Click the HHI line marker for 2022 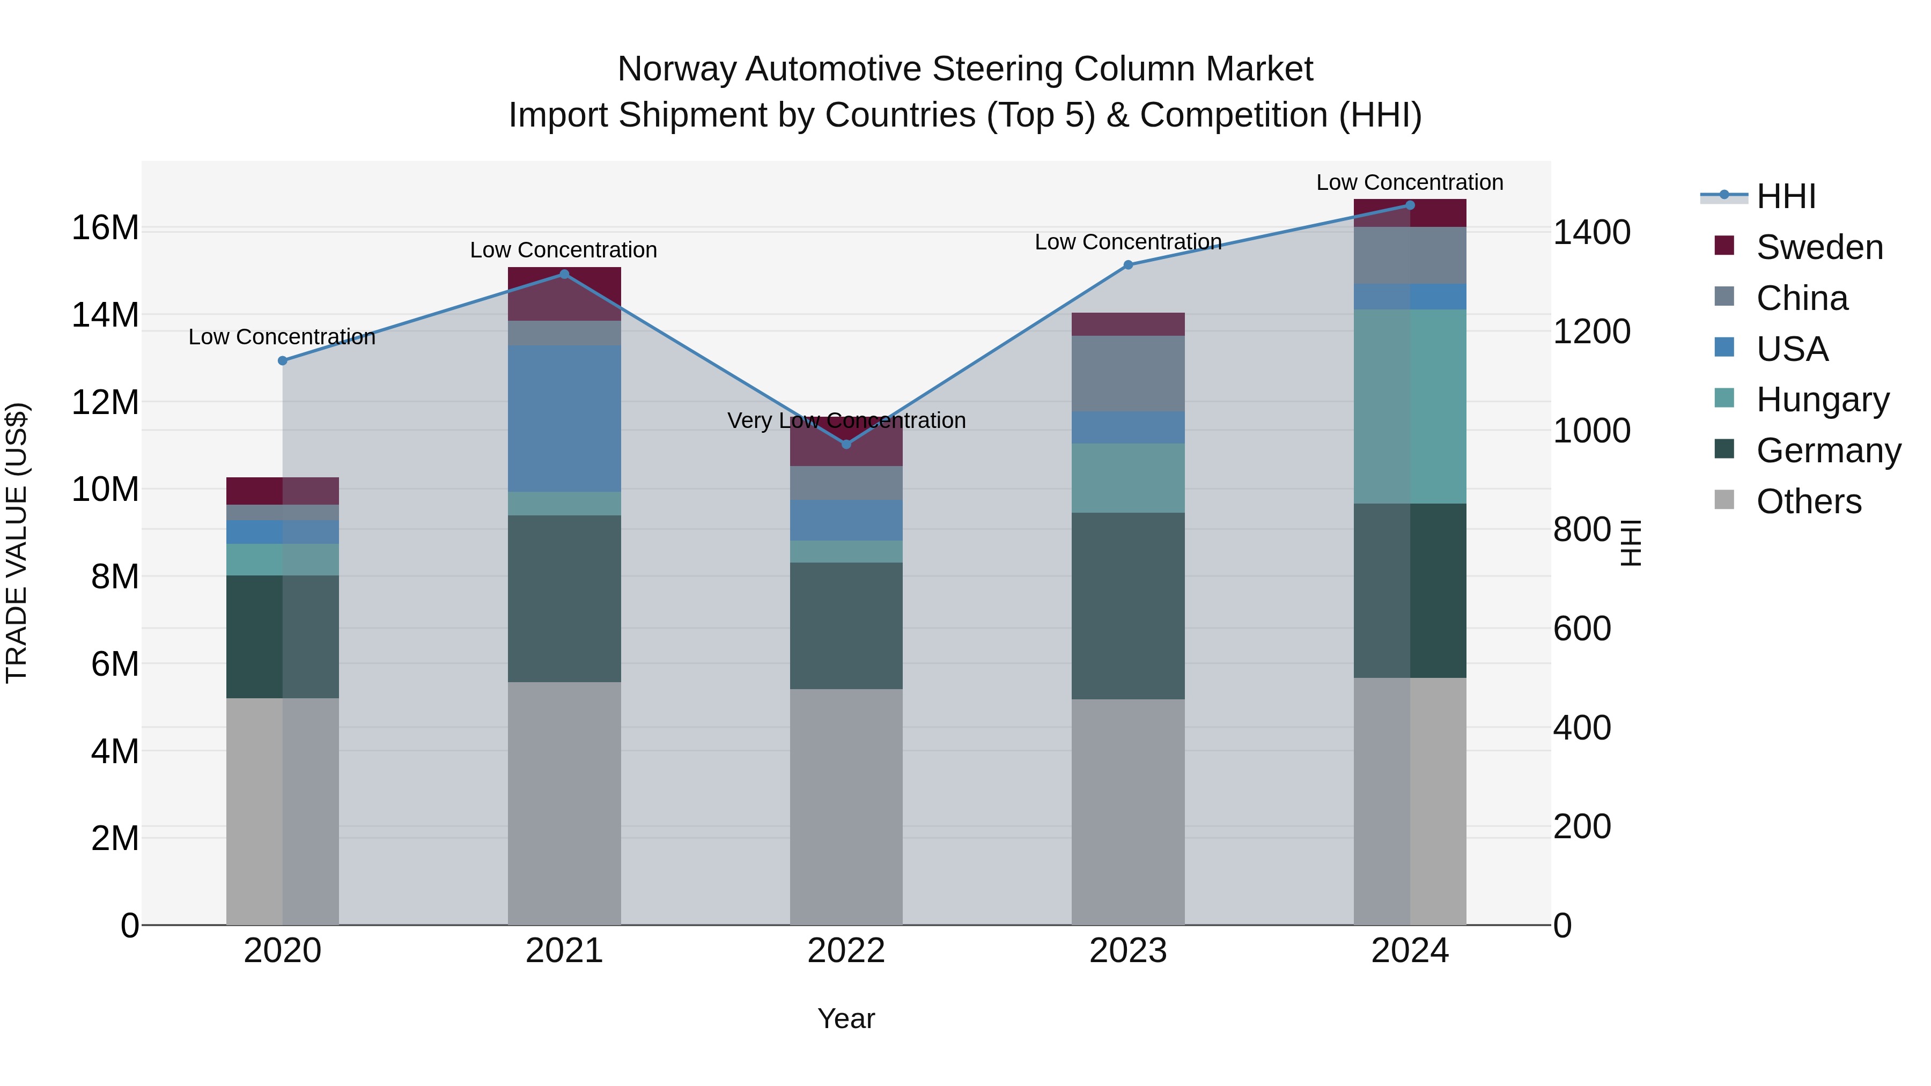pyautogui.click(x=846, y=445)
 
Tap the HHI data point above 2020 pyautogui.click(x=283, y=360)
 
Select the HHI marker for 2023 pyautogui.click(x=1128, y=264)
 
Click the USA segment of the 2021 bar pyautogui.click(x=564, y=418)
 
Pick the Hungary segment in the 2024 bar pyautogui.click(x=1410, y=406)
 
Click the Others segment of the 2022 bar pyautogui.click(x=846, y=807)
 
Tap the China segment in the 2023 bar pyautogui.click(x=1128, y=373)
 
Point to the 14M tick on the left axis pyautogui.click(x=105, y=315)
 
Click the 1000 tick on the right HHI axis pyautogui.click(x=1591, y=431)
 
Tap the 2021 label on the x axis pyautogui.click(x=564, y=951)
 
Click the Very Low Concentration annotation pyautogui.click(x=846, y=420)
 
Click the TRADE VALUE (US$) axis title pyautogui.click(x=17, y=543)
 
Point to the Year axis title pyautogui.click(x=846, y=1018)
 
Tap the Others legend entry pyautogui.click(x=1808, y=501)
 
